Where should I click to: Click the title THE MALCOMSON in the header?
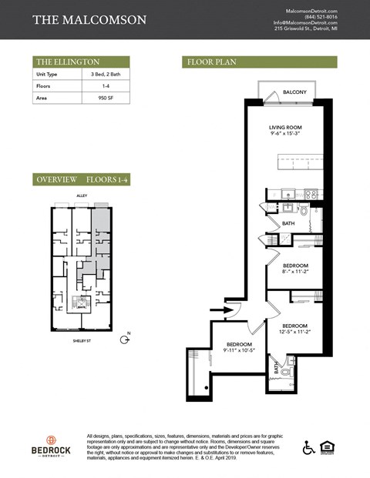(x=89, y=19)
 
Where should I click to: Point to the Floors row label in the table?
(x=44, y=87)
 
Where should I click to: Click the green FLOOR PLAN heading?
(x=210, y=62)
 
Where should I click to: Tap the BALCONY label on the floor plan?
(x=294, y=92)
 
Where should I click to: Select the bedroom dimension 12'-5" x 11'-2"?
(x=294, y=332)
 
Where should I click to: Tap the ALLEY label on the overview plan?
(x=80, y=196)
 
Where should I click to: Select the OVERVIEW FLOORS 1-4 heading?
(x=81, y=179)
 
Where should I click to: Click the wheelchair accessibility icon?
(x=308, y=446)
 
